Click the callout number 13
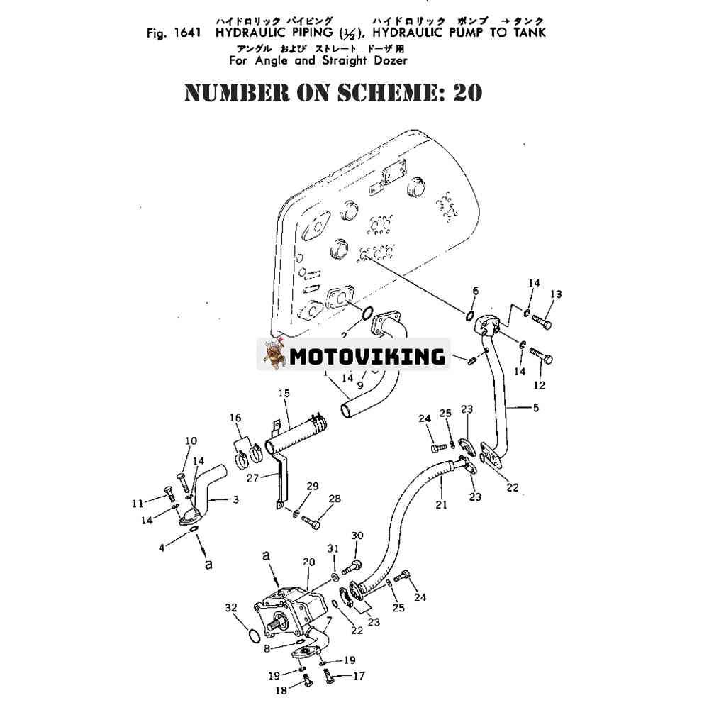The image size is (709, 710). tap(556, 294)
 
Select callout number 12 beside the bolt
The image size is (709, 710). tap(540, 385)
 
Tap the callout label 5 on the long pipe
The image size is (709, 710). tap(535, 408)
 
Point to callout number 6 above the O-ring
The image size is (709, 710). tap(475, 290)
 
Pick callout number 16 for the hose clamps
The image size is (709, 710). tap(235, 418)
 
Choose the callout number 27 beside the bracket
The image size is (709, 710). tap(253, 478)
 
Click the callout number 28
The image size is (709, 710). tap(335, 499)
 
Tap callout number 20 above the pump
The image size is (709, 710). tap(308, 562)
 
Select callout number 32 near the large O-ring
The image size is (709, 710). tap(230, 607)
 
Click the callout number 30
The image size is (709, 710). tap(357, 536)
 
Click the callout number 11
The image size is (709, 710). tap(138, 504)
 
